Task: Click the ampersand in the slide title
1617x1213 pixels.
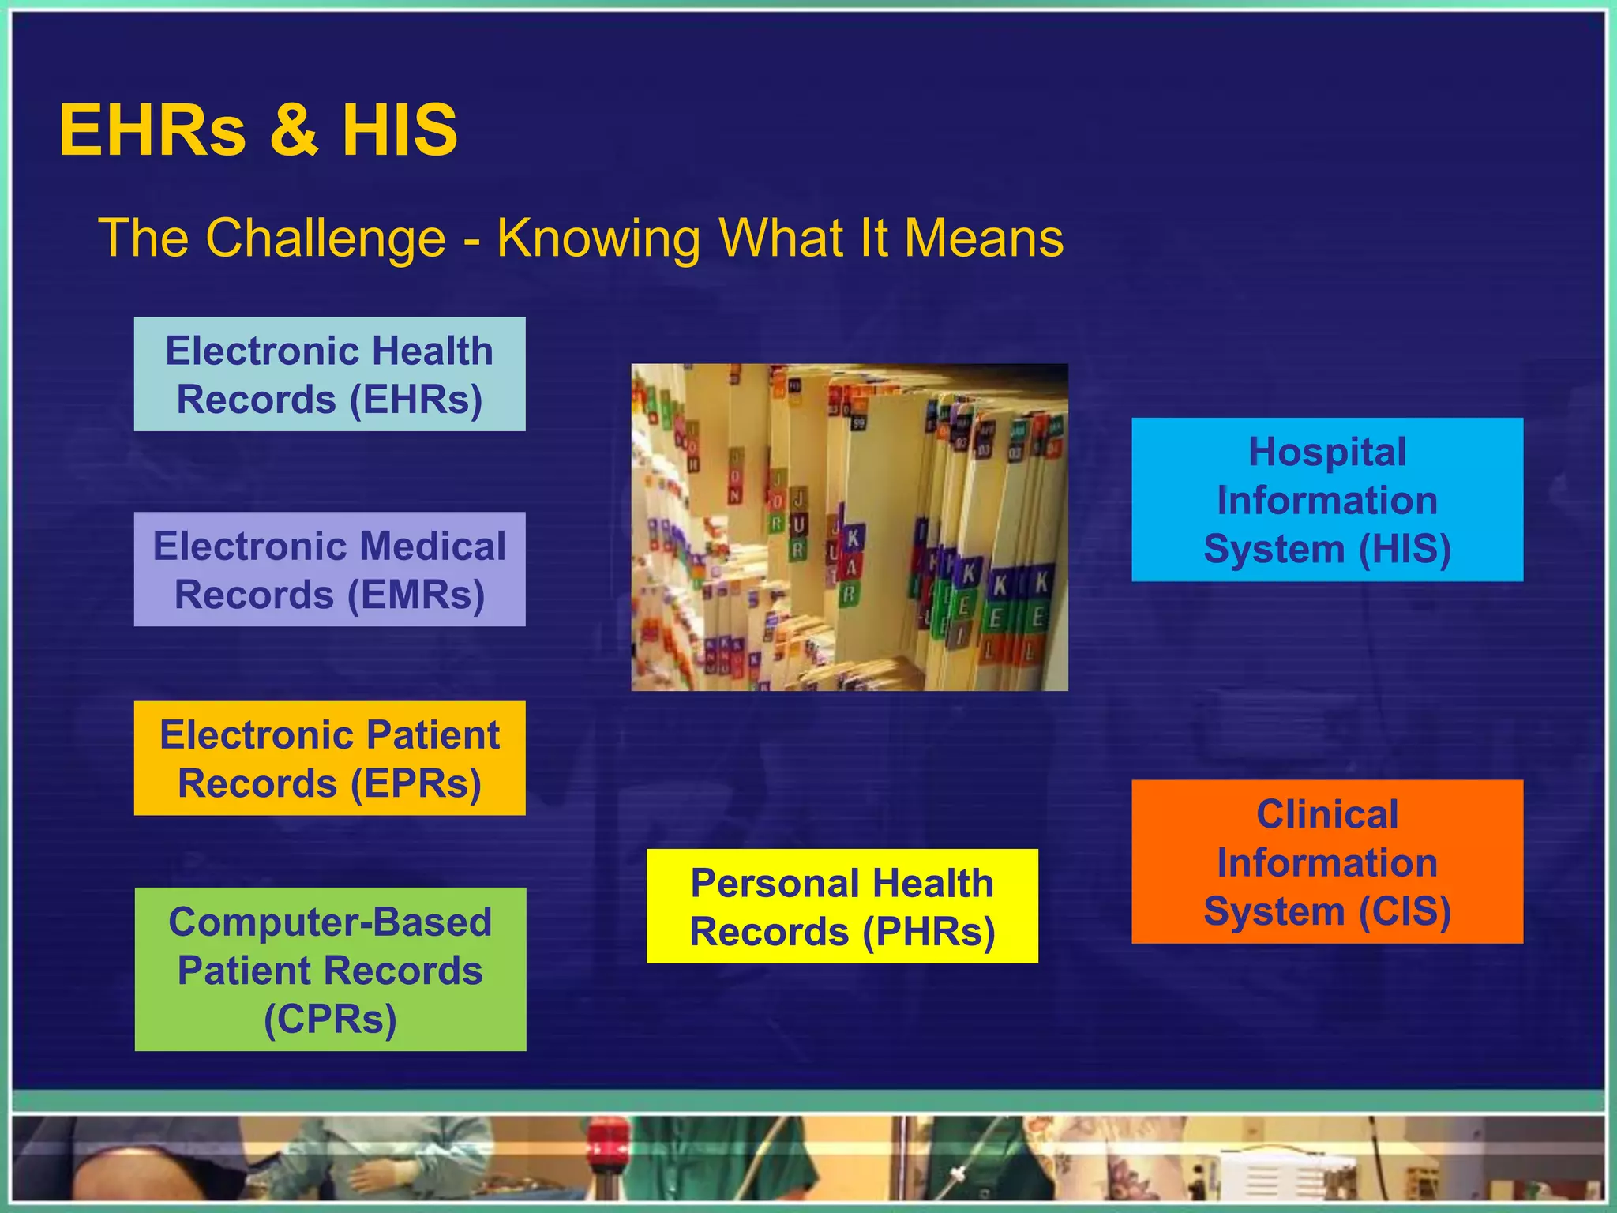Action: click(x=294, y=130)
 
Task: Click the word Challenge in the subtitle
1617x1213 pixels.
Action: click(x=325, y=238)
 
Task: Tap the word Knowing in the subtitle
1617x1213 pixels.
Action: click(x=598, y=238)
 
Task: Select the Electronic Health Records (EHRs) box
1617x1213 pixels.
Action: click(x=329, y=374)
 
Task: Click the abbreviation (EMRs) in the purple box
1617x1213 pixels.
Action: click(x=416, y=595)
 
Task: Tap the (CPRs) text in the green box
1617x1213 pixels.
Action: click(x=330, y=1019)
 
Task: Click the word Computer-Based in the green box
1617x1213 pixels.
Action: click(x=330, y=922)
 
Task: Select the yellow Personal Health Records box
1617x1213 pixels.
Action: click(x=842, y=907)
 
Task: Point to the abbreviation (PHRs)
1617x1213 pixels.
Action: click(x=929, y=932)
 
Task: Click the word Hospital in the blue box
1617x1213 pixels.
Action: click(x=1327, y=453)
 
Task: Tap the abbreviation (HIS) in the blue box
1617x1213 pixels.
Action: click(x=1405, y=550)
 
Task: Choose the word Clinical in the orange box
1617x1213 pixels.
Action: click(x=1327, y=814)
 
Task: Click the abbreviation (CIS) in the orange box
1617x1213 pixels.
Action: click(x=1405, y=911)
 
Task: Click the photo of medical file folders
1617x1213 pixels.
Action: click(x=850, y=528)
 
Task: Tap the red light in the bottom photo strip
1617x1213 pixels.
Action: click(x=610, y=1137)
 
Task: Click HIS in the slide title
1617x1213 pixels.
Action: click(x=400, y=130)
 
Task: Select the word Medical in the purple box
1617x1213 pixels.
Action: click(x=432, y=546)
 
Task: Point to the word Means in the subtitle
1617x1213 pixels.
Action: click(x=984, y=238)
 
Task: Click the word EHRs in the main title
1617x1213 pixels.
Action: click(x=152, y=130)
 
